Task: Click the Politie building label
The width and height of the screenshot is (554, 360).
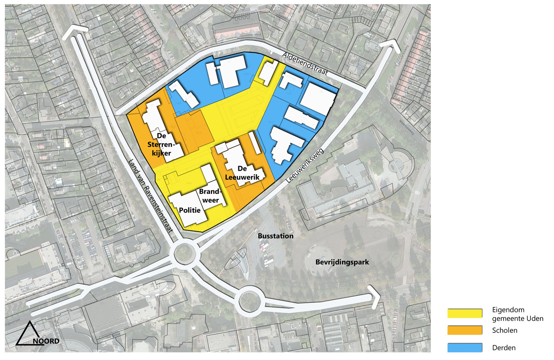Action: (x=190, y=210)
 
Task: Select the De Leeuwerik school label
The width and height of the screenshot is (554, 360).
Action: (x=242, y=173)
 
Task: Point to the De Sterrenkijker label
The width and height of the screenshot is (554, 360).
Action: (x=159, y=144)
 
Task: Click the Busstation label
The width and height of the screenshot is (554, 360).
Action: (x=276, y=236)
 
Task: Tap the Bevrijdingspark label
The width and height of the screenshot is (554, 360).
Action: (x=342, y=262)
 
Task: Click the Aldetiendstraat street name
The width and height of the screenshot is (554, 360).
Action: (x=305, y=64)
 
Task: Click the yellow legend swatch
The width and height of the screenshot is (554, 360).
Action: (x=465, y=313)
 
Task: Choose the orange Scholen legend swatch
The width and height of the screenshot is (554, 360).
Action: (x=465, y=330)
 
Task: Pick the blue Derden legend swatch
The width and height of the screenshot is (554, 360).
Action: (x=465, y=348)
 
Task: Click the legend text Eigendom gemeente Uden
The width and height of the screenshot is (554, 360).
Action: (x=518, y=314)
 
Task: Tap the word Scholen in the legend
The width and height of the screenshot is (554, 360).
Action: (x=505, y=330)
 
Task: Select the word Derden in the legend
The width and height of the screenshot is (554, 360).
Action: (x=504, y=348)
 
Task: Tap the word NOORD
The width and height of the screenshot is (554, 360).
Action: (x=46, y=341)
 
